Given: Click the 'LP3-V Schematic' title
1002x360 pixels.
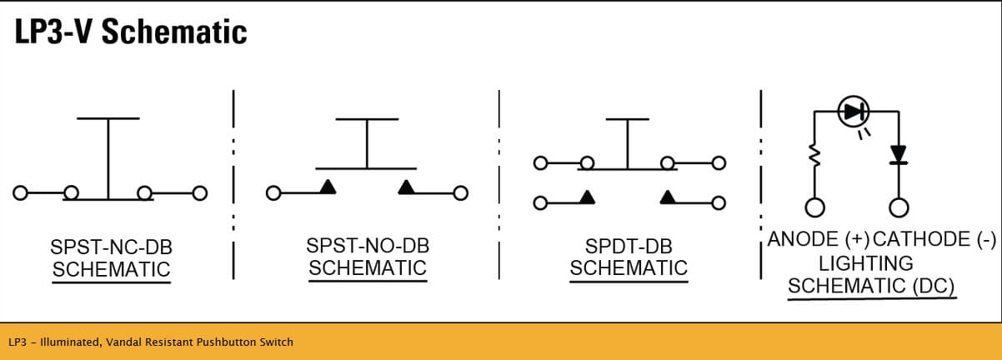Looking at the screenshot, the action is coord(131,32).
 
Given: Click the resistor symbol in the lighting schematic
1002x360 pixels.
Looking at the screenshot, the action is coord(814,155).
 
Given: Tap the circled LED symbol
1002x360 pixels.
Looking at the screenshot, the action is coord(854,112).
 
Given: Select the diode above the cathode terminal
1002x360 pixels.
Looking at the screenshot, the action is coord(899,154).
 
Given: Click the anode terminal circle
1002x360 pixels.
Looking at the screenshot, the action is coord(814,208).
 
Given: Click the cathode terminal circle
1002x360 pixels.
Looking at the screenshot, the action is coord(899,208).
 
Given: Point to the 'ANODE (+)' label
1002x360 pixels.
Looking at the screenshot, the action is coord(818,239).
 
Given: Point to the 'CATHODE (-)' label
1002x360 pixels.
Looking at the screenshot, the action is coord(934,239).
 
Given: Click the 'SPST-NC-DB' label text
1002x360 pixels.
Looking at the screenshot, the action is coord(111,247).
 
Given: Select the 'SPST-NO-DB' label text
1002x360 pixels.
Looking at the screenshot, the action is coord(368,246).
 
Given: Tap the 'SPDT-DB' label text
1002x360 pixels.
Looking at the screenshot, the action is coord(629,247).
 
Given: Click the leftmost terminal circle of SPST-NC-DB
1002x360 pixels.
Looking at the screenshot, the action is coord(20,192).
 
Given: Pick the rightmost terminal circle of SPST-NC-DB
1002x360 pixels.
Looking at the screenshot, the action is coord(199,193).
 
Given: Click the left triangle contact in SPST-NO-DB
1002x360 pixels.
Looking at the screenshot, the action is coord(328,187).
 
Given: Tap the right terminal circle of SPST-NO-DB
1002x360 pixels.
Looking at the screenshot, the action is coord(460,193).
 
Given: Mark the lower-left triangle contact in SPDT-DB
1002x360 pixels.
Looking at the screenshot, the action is coord(588,197).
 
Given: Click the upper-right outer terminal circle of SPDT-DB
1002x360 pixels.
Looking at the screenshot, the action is coord(719,163).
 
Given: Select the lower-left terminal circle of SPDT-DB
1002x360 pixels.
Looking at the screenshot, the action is coord(540,203).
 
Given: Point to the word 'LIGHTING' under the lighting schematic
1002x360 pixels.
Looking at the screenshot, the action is coord(866,263).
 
